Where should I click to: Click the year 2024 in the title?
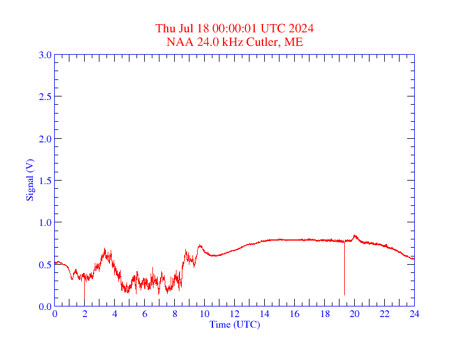(x=301, y=28)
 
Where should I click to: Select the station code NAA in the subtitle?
(x=178, y=42)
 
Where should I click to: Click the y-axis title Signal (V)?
(x=29, y=180)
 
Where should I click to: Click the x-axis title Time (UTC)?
(x=234, y=324)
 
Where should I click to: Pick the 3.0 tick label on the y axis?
(x=45, y=55)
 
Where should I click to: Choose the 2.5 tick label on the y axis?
(x=45, y=96)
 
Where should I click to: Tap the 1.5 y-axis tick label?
(x=45, y=181)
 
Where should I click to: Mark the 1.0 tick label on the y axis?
(x=45, y=222)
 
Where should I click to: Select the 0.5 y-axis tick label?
(x=45, y=265)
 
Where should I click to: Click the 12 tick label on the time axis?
(x=234, y=314)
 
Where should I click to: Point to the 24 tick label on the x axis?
(x=414, y=314)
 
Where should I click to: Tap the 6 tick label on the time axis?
(x=145, y=314)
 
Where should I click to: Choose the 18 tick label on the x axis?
(x=324, y=314)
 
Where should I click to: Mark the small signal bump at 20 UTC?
(x=355, y=236)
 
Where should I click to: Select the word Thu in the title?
(x=165, y=28)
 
